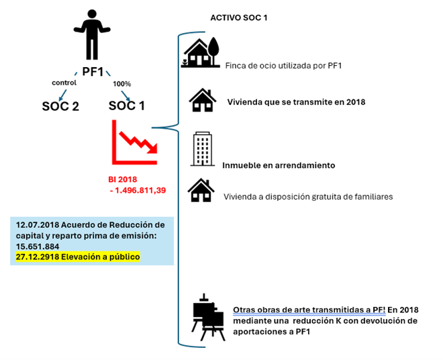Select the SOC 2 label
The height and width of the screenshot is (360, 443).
(x=60, y=105)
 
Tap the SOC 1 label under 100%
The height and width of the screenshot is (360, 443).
(x=126, y=105)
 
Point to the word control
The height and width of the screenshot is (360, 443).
(x=64, y=83)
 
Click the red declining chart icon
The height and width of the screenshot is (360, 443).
(x=134, y=142)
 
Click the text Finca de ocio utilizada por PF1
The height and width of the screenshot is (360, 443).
(x=283, y=66)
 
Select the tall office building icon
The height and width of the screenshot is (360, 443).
(x=202, y=148)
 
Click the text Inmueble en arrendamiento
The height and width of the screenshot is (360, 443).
(x=278, y=165)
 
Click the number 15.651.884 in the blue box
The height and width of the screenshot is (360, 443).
(x=38, y=246)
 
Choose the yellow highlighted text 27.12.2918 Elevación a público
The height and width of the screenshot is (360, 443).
(x=78, y=257)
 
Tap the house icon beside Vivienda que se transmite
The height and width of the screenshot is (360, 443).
(x=202, y=101)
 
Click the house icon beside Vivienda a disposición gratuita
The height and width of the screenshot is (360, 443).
(x=201, y=190)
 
